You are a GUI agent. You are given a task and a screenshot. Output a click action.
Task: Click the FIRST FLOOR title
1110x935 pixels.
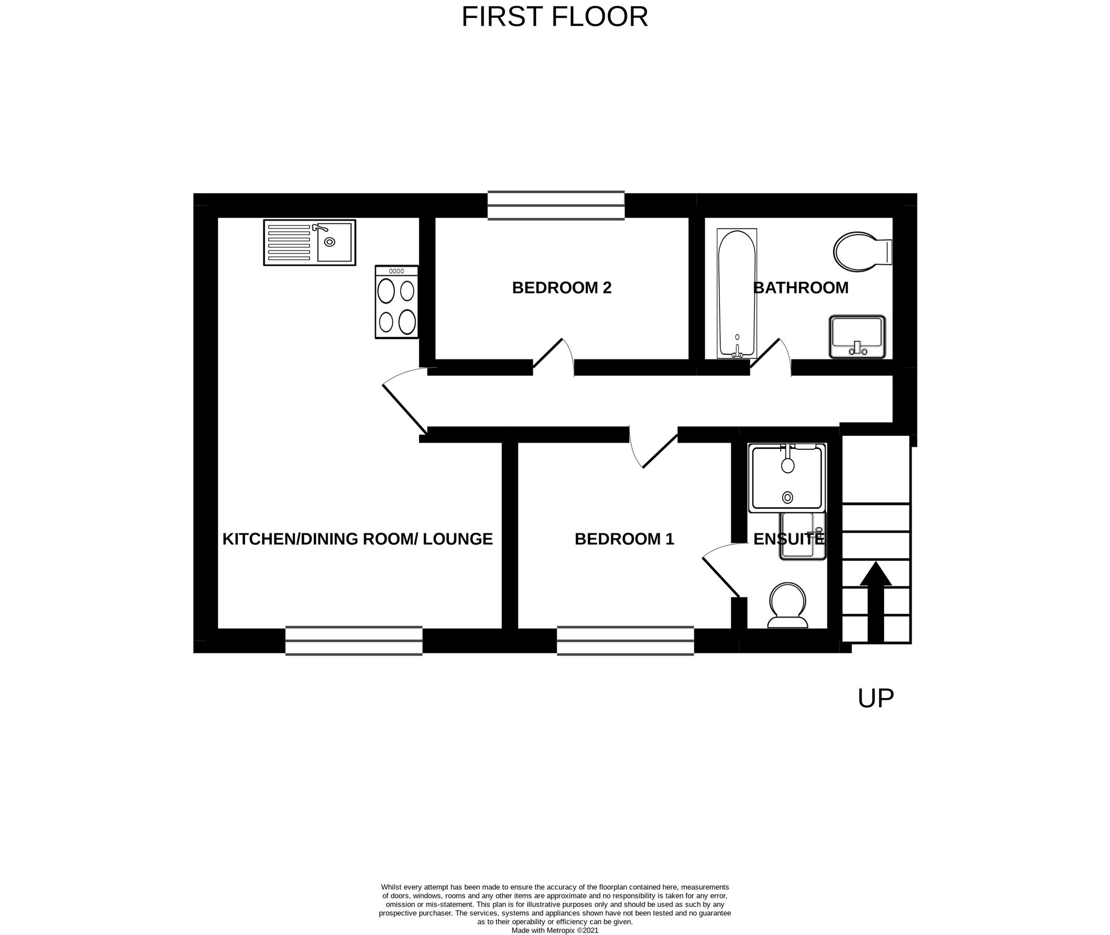click(x=554, y=17)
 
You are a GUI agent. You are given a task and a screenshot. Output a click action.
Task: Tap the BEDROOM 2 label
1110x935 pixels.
click(x=561, y=288)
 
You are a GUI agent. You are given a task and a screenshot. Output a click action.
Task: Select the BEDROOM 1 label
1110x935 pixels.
click(x=624, y=539)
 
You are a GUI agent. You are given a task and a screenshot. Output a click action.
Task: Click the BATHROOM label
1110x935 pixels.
click(x=800, y=288)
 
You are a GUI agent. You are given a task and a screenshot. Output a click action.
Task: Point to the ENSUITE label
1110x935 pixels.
click(x=788, y=539)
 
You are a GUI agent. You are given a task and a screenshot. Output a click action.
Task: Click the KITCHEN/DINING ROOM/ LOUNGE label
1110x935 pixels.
click(x=357, y=539)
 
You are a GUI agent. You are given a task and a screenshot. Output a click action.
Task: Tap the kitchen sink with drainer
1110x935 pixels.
click(x=310, y=243)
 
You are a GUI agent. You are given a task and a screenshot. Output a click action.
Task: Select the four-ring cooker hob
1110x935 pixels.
click(x=396, y=302)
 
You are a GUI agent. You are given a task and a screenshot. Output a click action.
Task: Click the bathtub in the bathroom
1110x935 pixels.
click(x=737, y=293)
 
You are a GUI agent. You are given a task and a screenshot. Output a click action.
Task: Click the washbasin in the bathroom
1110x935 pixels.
click(x=857, y=337)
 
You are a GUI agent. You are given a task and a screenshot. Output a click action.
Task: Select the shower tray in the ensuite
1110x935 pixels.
click(x=787, y=478)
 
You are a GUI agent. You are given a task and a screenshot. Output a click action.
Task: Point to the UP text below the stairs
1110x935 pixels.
click(x=875, y=699)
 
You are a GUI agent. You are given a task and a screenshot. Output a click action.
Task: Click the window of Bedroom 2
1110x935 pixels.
click(x=556, y=206)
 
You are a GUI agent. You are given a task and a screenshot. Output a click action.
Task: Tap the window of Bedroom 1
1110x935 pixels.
click(x=625, y=641)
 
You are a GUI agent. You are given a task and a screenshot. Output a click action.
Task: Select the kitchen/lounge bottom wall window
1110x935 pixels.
click(x=354, y=641)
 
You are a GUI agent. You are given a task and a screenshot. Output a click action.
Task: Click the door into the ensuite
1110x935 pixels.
click(x=721, y=575)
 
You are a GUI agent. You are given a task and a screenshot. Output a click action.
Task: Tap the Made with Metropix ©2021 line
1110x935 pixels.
click(x=554, y=930)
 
